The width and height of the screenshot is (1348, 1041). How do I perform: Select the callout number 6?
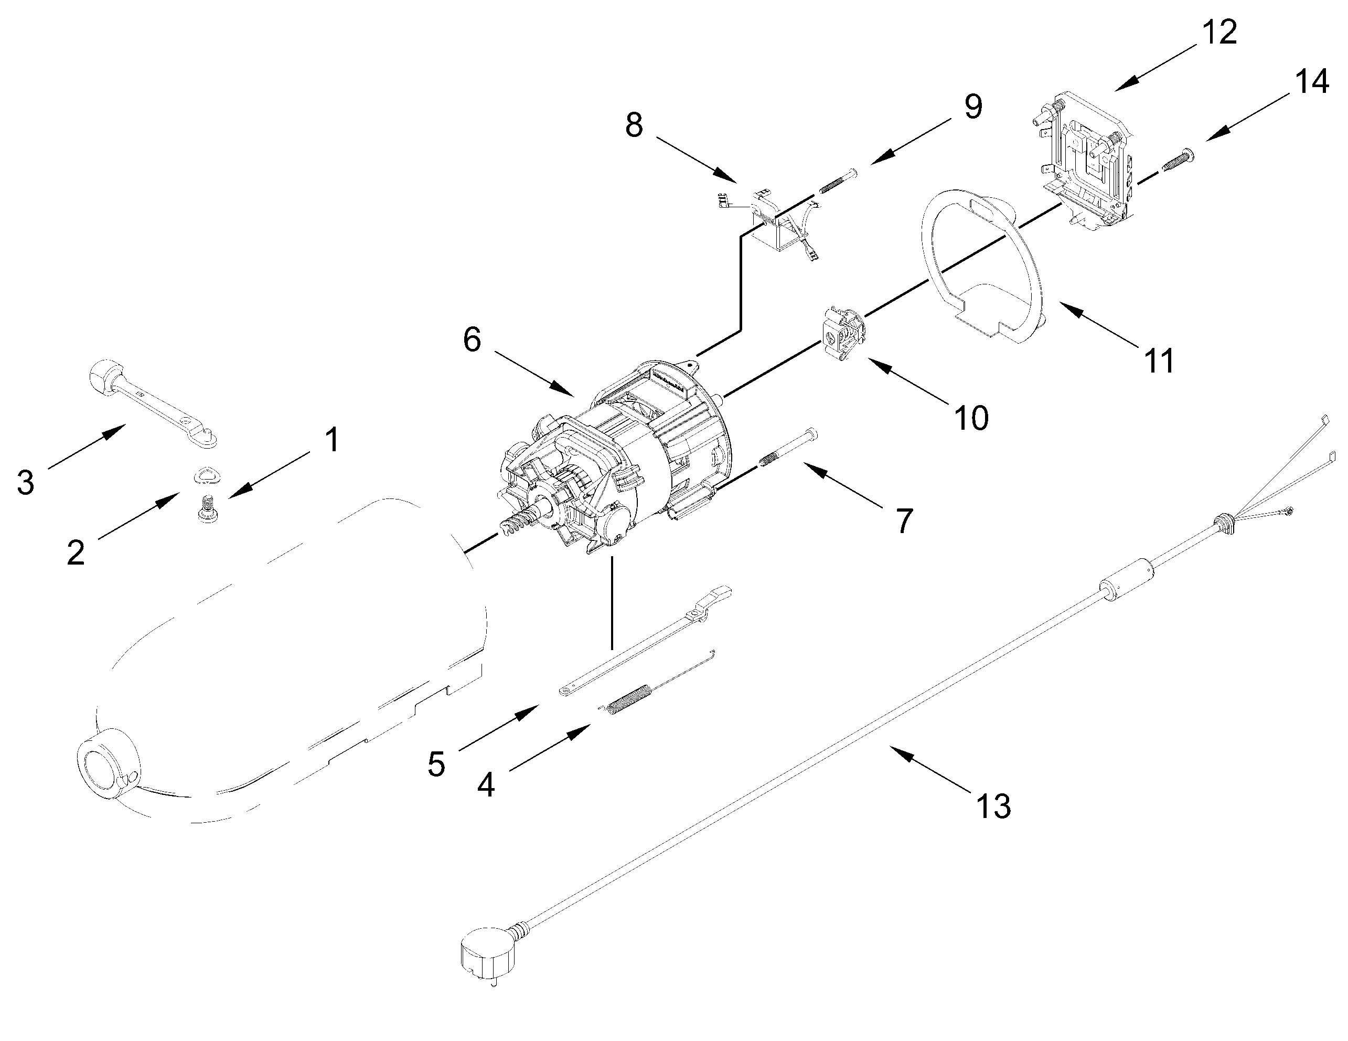point(472,339)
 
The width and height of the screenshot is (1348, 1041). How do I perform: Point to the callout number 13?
point(993,806)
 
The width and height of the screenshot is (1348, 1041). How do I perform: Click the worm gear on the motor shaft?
point(516,527)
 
